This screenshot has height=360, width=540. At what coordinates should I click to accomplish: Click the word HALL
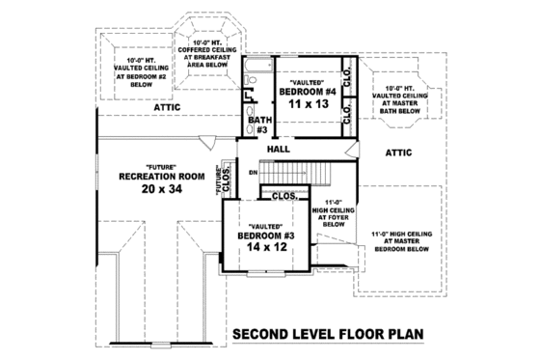281,151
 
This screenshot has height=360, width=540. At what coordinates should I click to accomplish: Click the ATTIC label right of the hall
399,152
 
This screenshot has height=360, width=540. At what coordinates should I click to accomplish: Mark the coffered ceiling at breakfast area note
206,61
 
